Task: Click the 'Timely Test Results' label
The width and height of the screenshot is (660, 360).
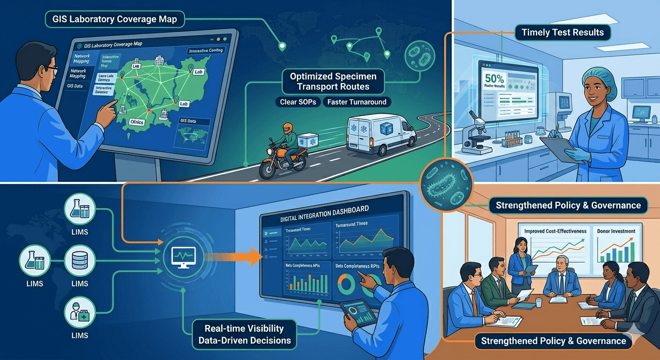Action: tap(562, 32)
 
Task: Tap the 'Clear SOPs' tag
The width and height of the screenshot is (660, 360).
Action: tap(296, 102)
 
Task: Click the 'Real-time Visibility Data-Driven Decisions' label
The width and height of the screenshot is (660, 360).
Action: tap(244, 333)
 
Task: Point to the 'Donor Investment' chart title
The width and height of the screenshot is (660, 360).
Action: tap(616, 231)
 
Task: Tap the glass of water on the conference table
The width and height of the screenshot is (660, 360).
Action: tap(539, 303)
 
